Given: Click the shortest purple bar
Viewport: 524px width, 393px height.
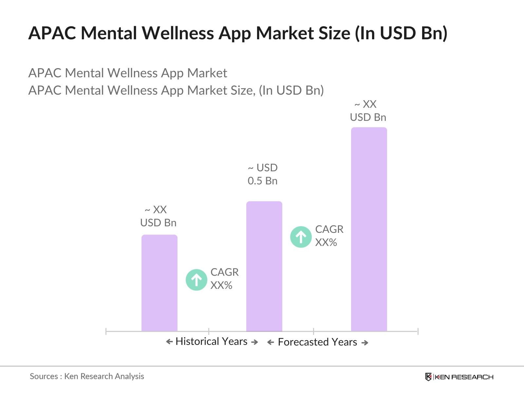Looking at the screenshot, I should (159, 283).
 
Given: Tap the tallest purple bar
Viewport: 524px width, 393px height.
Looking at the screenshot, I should (369, 229).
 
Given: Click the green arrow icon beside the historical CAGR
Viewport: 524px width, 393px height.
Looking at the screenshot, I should (196, 280).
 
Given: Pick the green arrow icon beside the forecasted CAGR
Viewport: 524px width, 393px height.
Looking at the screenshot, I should (301, 237).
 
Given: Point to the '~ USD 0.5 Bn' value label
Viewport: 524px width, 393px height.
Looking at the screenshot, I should (263, 174).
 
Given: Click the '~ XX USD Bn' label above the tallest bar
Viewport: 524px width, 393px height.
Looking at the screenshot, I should (368, 111).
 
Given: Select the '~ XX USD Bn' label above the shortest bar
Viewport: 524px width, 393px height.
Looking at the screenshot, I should (159, 216).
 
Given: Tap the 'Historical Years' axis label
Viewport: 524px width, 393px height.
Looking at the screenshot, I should (211, 342).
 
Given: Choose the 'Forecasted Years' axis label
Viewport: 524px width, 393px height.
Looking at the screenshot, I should (317, 342).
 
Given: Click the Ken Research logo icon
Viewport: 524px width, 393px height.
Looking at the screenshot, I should (428, 377).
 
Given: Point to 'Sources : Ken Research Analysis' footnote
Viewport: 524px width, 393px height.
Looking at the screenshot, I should (87, 376).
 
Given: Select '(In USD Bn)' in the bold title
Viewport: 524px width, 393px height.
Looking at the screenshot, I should (401, 33).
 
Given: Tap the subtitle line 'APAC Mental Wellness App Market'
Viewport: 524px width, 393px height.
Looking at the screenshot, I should (128, 73).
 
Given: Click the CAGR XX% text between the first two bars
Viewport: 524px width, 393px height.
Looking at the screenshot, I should (224, 279).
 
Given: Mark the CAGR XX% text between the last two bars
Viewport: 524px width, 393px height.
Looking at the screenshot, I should (329, 236).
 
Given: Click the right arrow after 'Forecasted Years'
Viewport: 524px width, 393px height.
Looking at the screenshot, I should (365, 343).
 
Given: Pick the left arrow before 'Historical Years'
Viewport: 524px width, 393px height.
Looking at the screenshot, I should (169, 342).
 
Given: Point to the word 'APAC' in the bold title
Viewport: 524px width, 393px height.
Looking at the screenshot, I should (52, 33).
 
